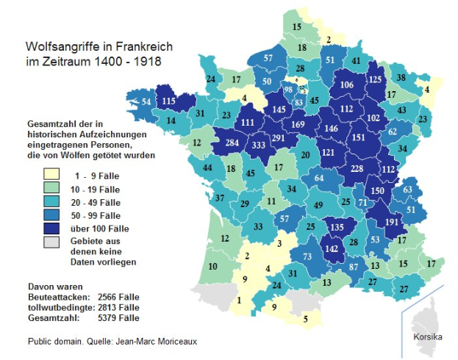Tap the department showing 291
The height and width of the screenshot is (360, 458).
(279, 137)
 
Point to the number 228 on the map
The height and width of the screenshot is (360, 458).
(357, 169)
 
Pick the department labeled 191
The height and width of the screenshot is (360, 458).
(391, 221)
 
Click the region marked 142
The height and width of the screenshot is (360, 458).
(332, 250)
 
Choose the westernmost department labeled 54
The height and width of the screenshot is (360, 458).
(146, 101)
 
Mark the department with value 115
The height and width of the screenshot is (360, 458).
(169, 101)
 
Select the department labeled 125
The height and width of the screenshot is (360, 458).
(376, 79)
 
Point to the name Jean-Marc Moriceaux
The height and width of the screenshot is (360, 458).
(159, 342)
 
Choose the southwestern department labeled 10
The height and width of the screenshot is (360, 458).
(213, 266)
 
